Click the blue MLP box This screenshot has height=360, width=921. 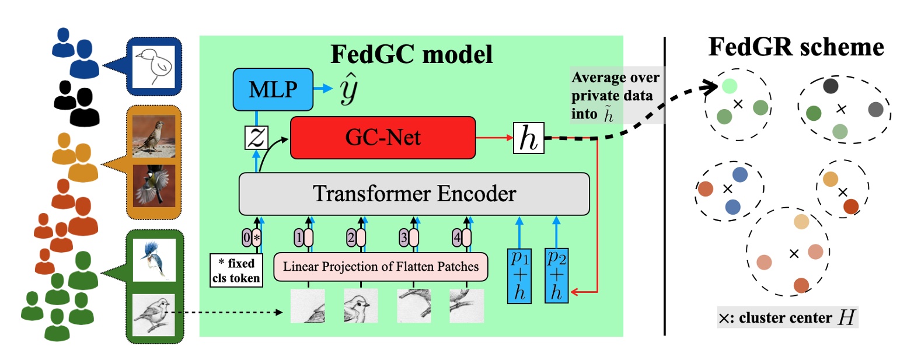tap(273, 89)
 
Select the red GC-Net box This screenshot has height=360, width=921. tap(383, 138)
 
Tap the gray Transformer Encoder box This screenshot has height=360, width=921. tap(414, 194)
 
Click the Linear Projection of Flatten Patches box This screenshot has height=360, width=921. tap(381, 267)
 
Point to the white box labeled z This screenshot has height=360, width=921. tap(256, 138)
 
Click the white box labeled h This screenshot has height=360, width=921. tap(528, 138)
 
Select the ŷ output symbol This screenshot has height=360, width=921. tap(348, 89)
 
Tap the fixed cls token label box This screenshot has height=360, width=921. tap(236, 271)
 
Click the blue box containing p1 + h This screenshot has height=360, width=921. tap(519, 275)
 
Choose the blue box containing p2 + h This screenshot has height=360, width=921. tap(556, 275)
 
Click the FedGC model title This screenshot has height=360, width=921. tap(411, 54)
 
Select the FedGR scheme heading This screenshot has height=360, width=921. tap(796, 47)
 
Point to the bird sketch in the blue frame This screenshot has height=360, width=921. tap(154, 67)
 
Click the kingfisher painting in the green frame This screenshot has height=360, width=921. tap(154, 258)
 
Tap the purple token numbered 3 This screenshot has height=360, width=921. tap(403, 237)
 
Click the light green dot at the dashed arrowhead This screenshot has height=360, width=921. tap(729, 86)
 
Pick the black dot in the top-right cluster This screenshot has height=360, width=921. tap(830, 86)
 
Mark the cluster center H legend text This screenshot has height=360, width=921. tap(787, 317)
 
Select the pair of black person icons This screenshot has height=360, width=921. tap(74, 103)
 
